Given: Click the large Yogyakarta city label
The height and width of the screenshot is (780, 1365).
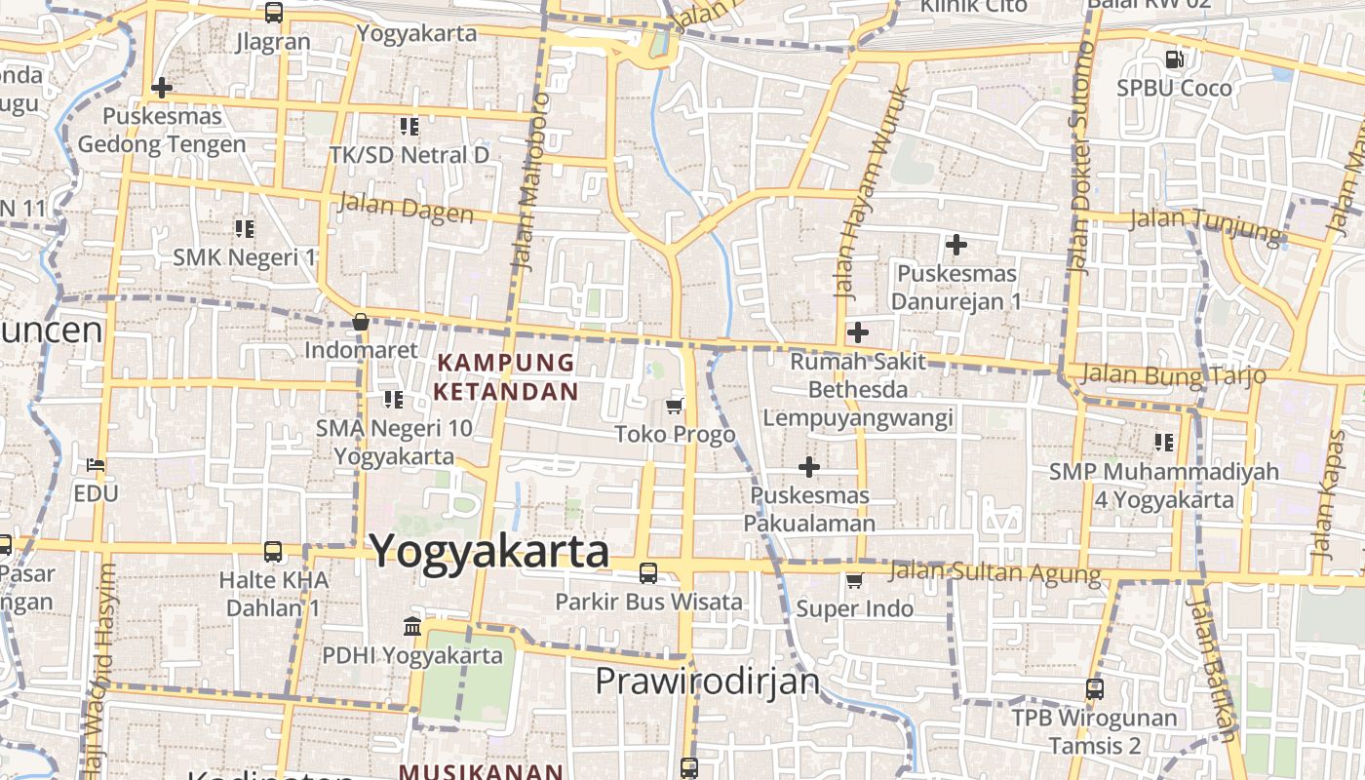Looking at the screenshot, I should click(489, 552).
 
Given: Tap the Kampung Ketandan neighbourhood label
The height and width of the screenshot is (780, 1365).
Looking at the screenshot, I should click(506, 377).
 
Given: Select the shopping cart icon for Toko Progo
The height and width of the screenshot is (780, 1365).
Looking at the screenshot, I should click(675, 406).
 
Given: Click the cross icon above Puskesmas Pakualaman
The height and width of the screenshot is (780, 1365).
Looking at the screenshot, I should click(808, 467).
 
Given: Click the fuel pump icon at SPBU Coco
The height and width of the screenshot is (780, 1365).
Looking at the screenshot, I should click(1175, 59).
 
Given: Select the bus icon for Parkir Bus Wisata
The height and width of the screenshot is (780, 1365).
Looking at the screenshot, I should click(648, 573).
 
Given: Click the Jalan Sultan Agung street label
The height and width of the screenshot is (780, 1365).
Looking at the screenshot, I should click(994, 572).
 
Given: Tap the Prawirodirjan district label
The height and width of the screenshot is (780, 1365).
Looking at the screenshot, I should click(708, 681).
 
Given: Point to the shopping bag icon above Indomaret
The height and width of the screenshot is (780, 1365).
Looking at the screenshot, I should click(360, 322).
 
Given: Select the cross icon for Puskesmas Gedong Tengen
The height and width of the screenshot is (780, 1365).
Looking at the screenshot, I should click(162, 89).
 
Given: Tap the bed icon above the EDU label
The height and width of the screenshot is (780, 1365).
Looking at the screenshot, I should click(96, 465).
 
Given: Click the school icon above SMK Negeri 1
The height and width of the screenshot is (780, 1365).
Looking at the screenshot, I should click(244, 229).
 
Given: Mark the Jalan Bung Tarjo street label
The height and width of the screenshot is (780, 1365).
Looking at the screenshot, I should click(1174, 374).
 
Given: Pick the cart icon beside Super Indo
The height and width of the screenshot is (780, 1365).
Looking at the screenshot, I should click(854, 581).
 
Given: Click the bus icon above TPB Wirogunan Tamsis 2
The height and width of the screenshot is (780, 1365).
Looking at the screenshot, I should click(1095, 689).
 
